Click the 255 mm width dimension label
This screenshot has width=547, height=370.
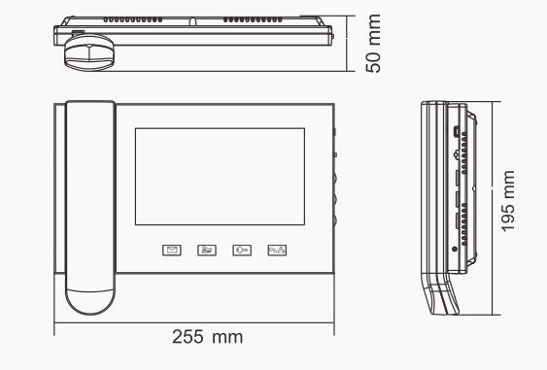click(x=208, y=337)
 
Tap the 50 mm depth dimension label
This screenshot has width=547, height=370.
click(x=373, y=44)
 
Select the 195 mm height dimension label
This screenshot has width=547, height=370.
click(x=507, y=201)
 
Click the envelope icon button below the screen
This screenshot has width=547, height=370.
click(x=172, y=250)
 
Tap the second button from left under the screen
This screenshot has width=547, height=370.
click(x=207, y=250)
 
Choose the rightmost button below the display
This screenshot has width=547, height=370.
click(x=277, y=250)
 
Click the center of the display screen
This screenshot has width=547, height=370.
click(x=221, y=177)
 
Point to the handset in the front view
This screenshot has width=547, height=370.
click(x=90, y=208)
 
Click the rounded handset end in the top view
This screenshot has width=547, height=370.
click(x=89, y=52)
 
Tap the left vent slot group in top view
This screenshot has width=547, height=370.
click(x=132, y=19)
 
